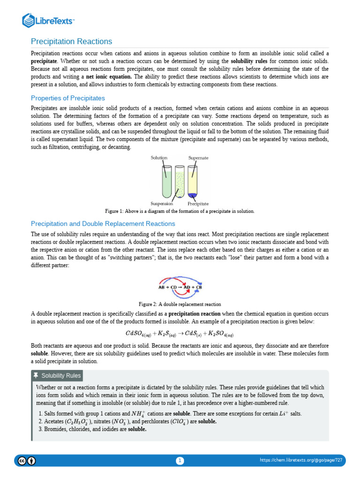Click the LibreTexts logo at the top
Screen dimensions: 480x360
(49, 20)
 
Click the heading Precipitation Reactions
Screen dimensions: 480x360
(71, 42)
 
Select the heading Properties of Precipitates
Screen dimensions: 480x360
(67, 98)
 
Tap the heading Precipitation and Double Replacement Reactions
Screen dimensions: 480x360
(103, 224)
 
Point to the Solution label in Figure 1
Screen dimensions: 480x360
(159, 158)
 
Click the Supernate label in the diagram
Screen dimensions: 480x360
(198, 158)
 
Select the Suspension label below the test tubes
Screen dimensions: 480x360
(162, 203)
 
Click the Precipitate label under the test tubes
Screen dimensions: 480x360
(198, 204)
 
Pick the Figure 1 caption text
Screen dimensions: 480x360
(180, 211)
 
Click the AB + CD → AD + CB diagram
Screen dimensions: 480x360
(180, 287)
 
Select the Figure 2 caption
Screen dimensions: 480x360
(180, 304)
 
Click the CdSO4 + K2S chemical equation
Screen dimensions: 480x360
(180, 334)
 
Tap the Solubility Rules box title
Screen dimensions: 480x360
(61, 375)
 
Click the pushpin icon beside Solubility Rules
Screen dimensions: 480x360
(36, 375)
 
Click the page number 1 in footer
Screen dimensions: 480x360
(180, 461)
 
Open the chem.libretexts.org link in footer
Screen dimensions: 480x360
(301, 460)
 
